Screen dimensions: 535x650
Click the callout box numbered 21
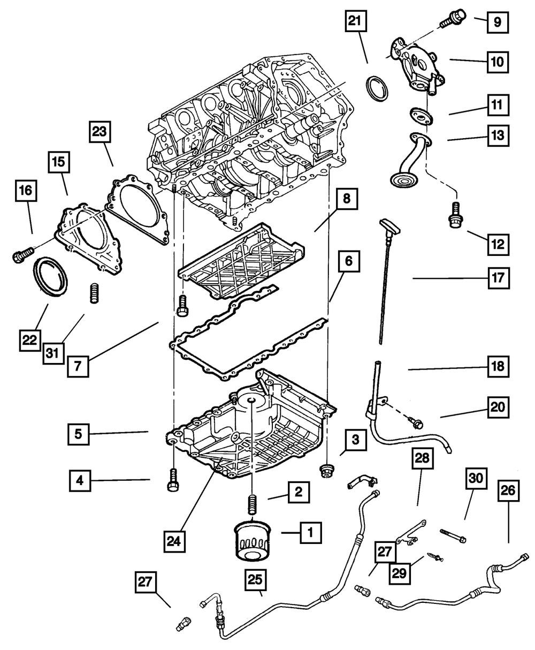pos(356,21)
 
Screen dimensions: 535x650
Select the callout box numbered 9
pos(498,22)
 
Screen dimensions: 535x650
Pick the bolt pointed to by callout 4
pos(173,481)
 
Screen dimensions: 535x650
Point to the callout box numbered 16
pos(26,191)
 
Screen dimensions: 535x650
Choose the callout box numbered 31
pos(52,353)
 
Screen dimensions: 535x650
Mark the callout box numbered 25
pos(255,580)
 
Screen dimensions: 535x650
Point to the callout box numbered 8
pos(347,199)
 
